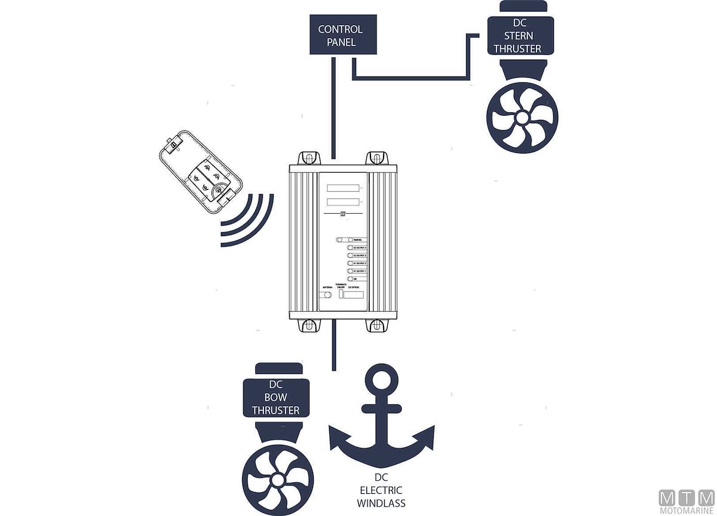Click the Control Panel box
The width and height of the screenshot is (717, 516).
coord(340,35)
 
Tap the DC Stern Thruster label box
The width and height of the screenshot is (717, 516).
coord(517,36)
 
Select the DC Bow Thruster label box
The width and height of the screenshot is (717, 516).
coord(275,398)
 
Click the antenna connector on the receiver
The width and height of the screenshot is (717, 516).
coord(327,295)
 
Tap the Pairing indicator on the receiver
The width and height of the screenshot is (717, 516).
coord(342,239)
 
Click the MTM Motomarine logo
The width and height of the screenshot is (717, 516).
coord(686,500)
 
